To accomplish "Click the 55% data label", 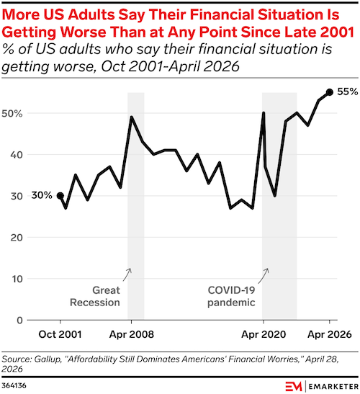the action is pos(348,91).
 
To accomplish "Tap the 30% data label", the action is pos(42,195).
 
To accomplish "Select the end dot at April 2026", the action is pos(330,92).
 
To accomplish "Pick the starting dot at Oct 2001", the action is pos(60,195).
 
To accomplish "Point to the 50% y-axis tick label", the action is pos(12,113).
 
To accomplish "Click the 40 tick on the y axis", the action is pos(17,155).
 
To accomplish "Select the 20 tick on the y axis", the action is pos(17,237).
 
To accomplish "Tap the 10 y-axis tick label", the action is pos(17,279).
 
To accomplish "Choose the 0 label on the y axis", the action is pos(19,320).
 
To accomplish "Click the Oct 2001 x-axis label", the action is pos(60,334).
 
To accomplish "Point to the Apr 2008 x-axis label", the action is pos(131,334).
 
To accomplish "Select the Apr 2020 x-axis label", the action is pos(264,334).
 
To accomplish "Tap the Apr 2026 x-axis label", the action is pos(330,334).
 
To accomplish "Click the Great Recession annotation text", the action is pos(95,296).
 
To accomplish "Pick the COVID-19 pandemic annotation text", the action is pos(231,296).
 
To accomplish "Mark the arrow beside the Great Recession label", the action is pos(127,274).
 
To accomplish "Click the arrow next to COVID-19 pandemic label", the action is pos(264,275).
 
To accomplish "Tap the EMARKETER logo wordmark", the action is pos(333,386).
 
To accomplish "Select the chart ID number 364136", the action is pos(14,385).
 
